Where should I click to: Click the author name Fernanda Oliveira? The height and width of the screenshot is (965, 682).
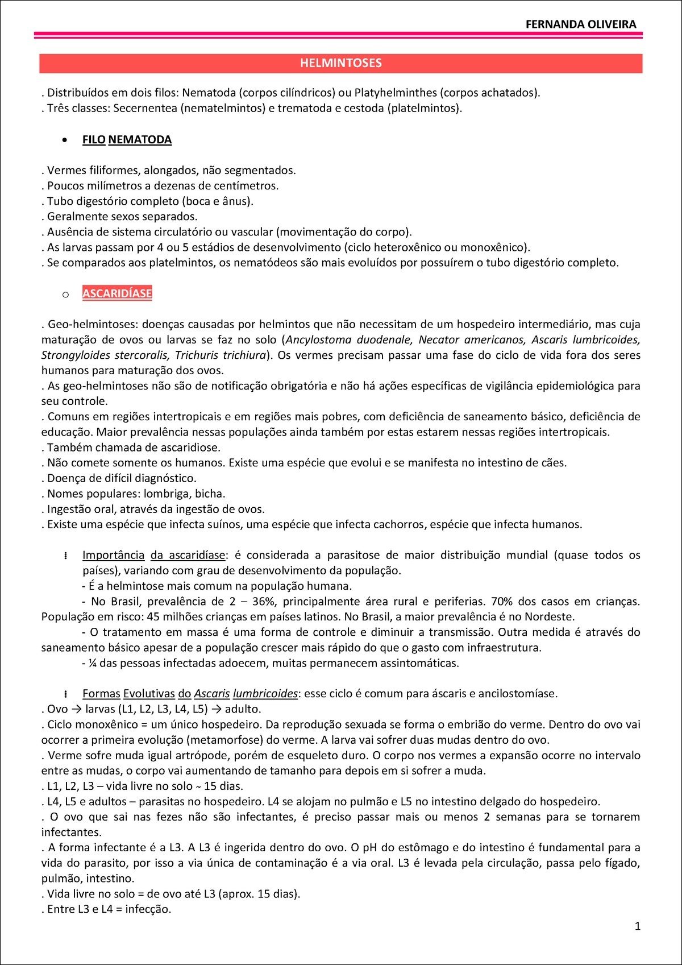coord(580,24)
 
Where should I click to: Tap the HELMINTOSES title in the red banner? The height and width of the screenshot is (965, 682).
coord(341,63)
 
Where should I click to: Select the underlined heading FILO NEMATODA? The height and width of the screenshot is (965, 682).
coord(127,140)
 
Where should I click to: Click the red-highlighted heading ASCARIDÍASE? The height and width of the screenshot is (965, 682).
coord(117,293)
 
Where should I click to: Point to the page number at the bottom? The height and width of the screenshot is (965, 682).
coord(637,926)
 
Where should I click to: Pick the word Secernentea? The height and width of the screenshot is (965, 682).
coord(145,108)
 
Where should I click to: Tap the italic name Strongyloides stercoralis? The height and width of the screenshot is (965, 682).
coord(105,355)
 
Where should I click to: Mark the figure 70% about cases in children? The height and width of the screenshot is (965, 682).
coord(502,602)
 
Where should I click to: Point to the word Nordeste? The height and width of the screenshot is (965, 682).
coord(549,617)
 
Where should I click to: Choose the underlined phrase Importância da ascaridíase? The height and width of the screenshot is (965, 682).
coord(153,555)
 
